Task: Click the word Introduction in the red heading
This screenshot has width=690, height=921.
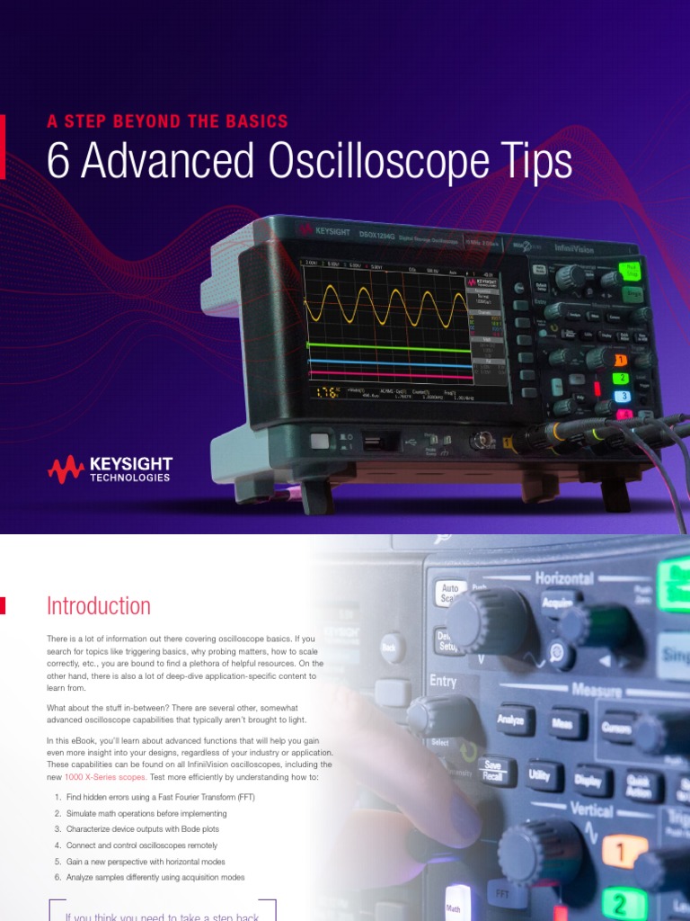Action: (98, 605)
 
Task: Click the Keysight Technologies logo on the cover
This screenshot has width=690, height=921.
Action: (111, 469)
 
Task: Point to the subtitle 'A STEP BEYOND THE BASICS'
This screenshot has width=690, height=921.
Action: (167, 121)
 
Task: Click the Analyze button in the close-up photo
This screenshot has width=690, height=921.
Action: (510, 720)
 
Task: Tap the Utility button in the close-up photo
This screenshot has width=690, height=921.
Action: (540, 773)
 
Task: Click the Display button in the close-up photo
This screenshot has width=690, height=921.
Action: (588, 782)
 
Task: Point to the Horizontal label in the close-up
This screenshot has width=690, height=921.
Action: (563, 578)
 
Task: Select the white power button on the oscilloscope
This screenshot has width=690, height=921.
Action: (319, 441)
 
